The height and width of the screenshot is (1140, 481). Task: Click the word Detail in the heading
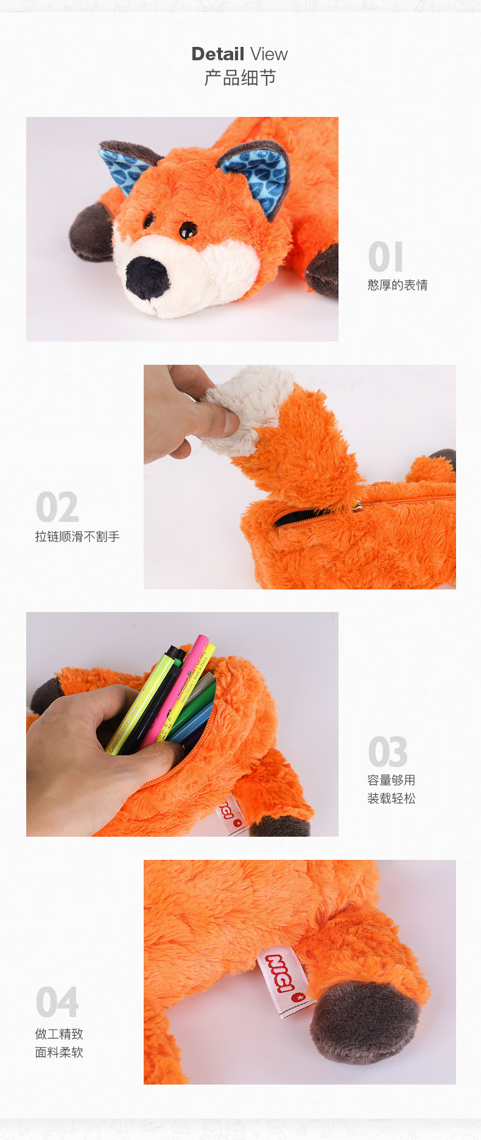(x=218, y=54)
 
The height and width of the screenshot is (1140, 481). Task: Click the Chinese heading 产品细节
(x=240, y=78)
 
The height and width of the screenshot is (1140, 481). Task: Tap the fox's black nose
(x=147, y=277)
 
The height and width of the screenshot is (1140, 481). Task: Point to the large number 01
(x=385, y=256)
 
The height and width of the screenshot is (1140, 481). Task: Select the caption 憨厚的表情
(x=398, y=285)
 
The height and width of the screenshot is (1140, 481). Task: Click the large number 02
(x=57, y=507)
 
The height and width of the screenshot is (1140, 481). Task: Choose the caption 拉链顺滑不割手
(x=77, y=537)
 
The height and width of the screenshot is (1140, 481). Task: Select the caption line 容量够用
(x=391, y=780)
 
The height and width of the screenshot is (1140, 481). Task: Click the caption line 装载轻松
(x=391, y=798)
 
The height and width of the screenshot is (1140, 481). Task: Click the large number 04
(x=57, y=1002)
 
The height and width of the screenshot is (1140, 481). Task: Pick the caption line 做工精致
(x=59, y=1034)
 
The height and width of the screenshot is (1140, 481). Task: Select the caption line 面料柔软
(x=59, y=1052)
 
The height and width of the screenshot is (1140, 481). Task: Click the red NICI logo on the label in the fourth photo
(x=281, y=974)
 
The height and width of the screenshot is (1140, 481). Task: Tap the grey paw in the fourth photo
(x=365, y=1022)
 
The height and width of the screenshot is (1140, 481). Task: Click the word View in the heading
(x=269, y=54)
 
